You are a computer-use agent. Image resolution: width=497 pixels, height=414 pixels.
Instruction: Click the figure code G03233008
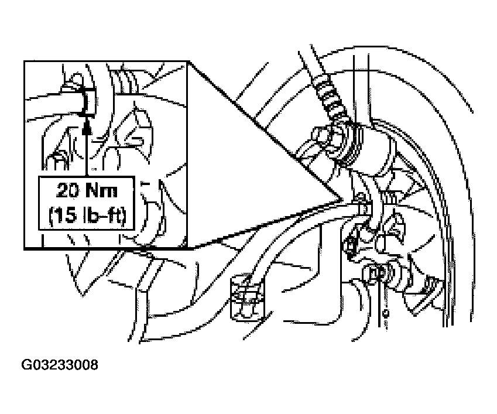(x=60, y=365)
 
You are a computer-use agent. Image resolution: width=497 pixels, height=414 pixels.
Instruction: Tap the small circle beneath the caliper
(x=386, y=313)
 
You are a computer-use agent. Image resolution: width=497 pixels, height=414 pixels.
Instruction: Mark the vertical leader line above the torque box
(x=87, y=152)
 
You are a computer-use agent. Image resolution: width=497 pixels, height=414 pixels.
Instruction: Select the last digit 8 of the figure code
(x=93, y=365)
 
